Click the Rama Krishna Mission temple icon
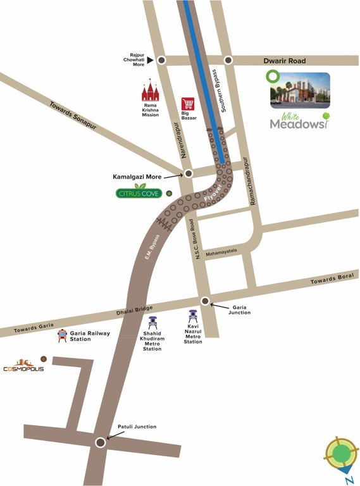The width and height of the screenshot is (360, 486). click(x=150, y=92)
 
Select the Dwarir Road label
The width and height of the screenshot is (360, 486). click(x=285, y=61)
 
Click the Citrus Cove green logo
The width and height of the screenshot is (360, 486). click(x=139, y=193)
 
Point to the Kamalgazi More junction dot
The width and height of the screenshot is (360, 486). click(x=188, y=173)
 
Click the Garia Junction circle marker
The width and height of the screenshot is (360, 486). click(x=205, y=301)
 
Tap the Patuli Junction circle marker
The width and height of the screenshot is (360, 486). click(x=100, y=442)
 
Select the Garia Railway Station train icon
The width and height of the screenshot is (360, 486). click(x=62, y=336)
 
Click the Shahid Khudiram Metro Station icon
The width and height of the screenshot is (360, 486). click(x=152, y=321)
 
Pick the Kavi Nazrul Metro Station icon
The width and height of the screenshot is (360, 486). click(x=193, y=316)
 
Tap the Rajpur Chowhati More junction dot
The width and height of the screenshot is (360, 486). click(x=162, y=60)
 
